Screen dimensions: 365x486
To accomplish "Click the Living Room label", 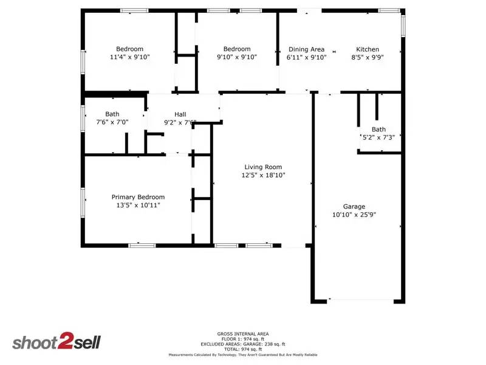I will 263,167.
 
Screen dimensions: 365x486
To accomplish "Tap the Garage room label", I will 354,207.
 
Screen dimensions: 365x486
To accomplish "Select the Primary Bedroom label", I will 138,197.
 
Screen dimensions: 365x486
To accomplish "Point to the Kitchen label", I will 368,49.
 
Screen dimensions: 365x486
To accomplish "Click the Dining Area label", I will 306,49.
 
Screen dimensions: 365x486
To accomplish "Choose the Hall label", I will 180,114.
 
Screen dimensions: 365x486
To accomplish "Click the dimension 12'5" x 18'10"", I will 263,175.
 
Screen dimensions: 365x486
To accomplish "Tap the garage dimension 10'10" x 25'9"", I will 354,215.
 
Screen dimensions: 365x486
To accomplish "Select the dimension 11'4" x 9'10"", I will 130,57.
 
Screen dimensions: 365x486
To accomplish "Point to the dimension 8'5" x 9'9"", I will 368,57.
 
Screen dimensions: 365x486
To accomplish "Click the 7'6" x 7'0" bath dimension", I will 112,122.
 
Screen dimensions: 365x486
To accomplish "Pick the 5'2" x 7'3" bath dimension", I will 379,137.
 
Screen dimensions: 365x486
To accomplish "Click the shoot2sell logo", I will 56,342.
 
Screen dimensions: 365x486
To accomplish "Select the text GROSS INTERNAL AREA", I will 243,333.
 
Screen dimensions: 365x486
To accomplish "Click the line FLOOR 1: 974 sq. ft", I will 243,339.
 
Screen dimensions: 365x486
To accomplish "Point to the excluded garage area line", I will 243,344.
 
